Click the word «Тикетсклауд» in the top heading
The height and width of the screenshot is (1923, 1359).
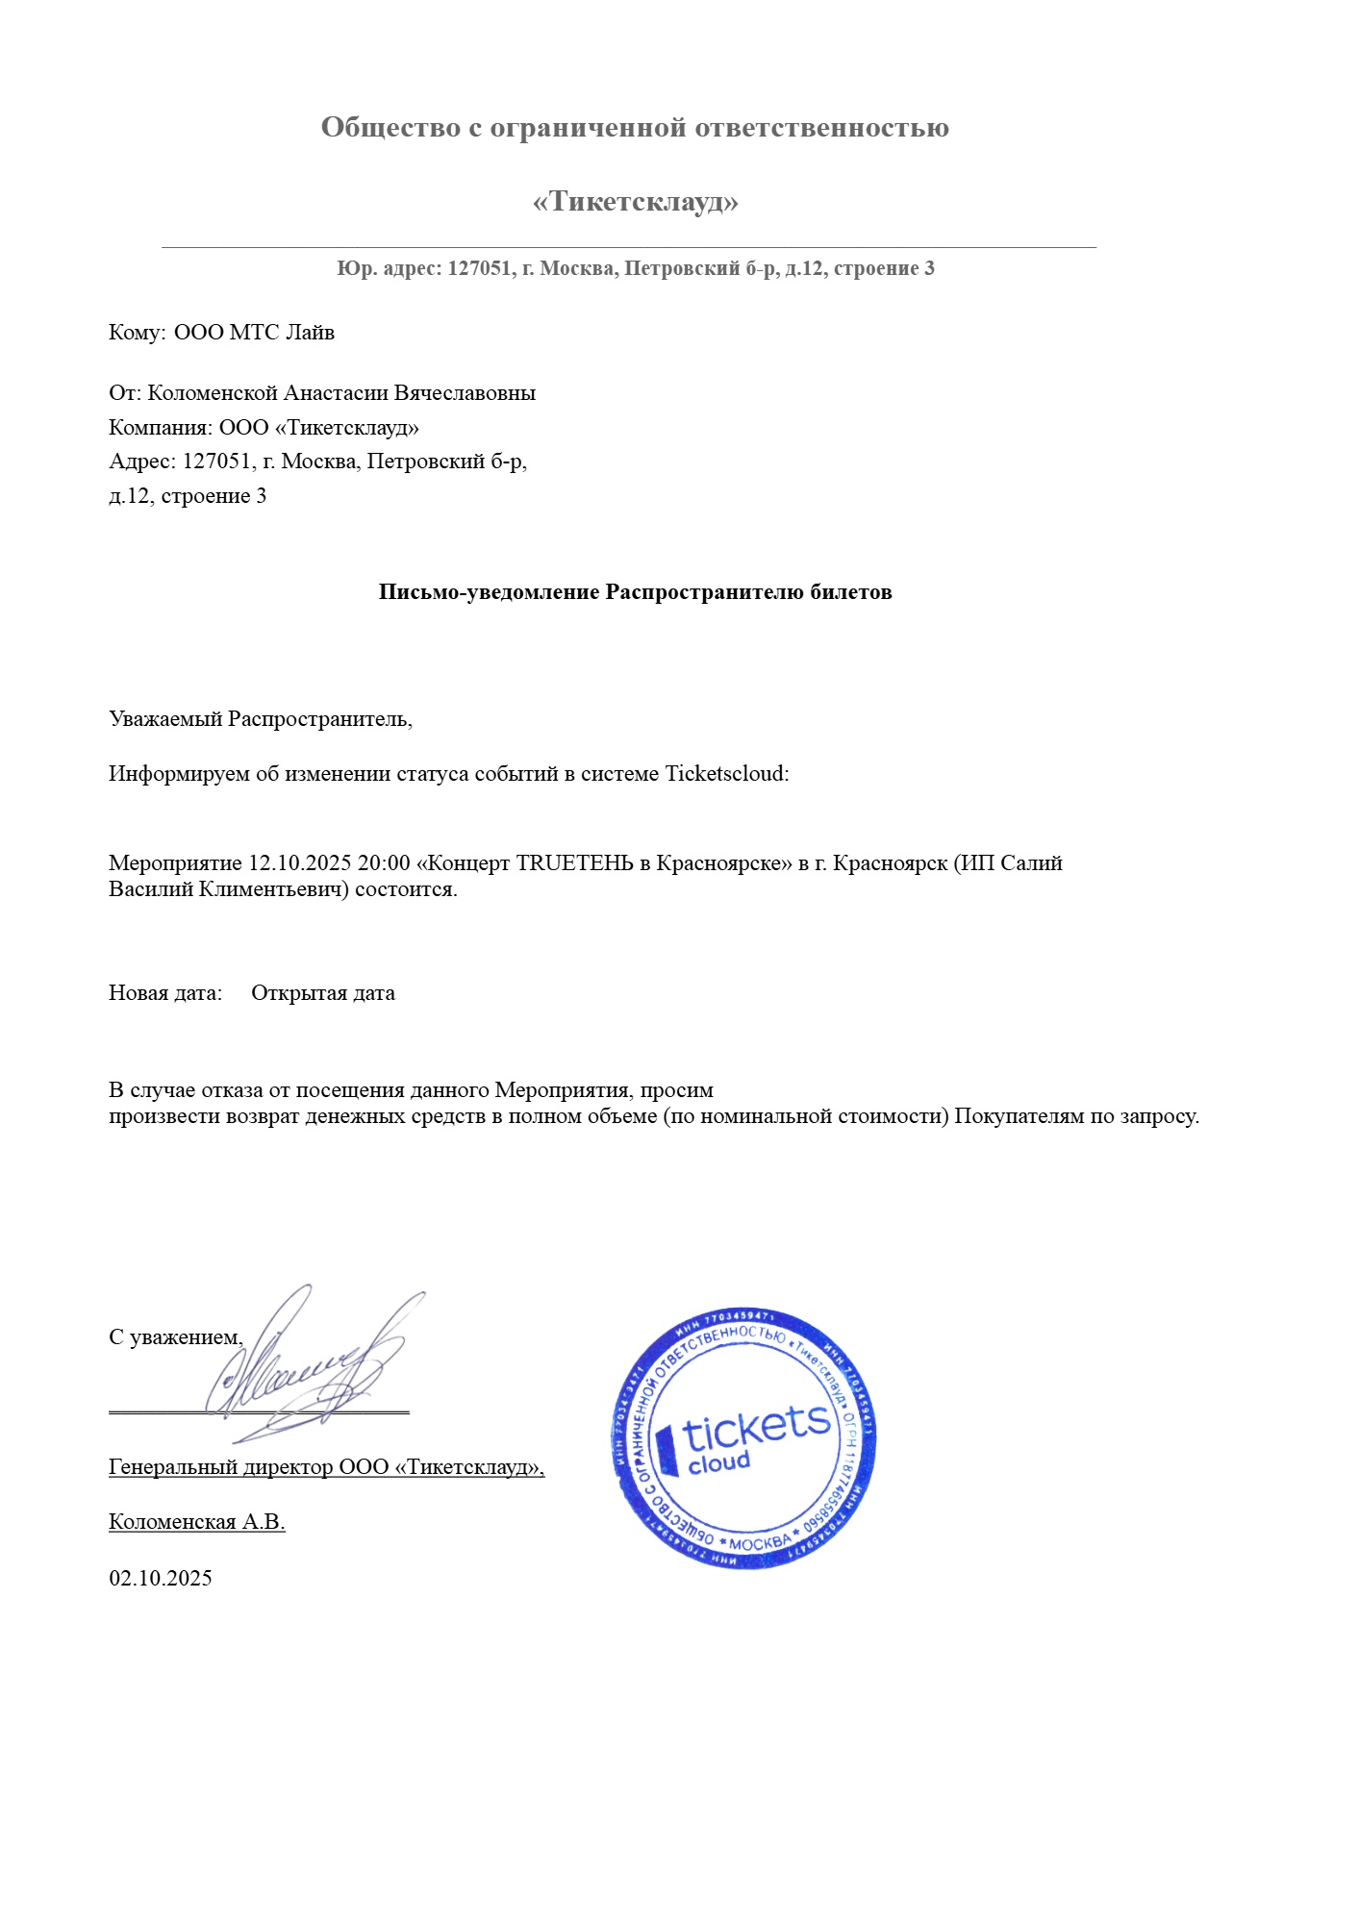point(635,202)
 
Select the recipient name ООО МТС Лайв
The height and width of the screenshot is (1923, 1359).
point(254,333)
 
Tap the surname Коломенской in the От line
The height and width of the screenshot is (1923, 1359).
point(213,393)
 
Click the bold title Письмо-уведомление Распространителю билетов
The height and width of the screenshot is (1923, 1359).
point(635,592)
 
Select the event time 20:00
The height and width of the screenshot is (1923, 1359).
point(384,862)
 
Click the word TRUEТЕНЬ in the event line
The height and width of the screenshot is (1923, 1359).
point(574,862)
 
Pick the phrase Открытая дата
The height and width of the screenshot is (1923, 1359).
point(323,993)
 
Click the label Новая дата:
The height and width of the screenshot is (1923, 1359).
point(165,993)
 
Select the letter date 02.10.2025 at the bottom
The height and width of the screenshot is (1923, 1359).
point(161,1578)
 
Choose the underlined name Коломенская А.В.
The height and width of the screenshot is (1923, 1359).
point(197,1522)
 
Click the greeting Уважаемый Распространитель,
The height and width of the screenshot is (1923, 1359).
point(261,719)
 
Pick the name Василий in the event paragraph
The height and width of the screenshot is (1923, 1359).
point(151,889)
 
